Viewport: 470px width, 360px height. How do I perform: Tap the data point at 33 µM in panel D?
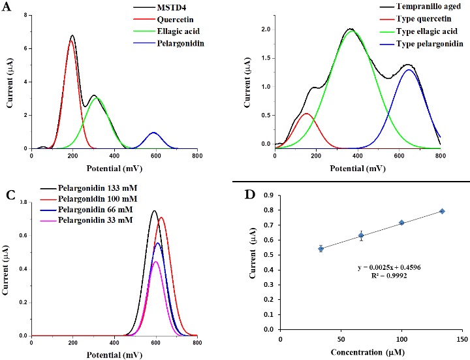click(321, 248)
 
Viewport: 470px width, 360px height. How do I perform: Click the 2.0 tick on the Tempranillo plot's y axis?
click(264, 30)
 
